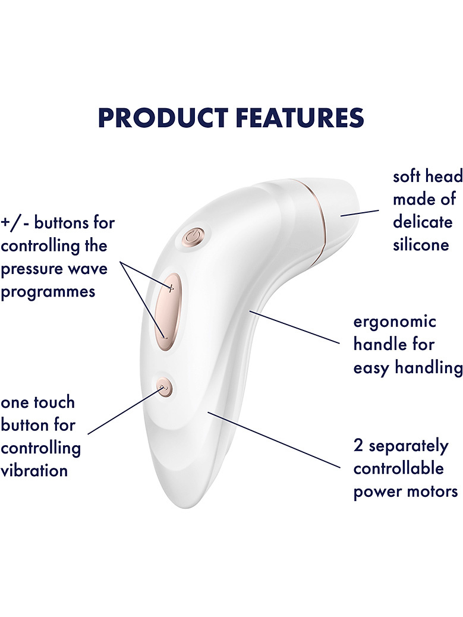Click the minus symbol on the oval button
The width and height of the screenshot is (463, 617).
coord(165,337)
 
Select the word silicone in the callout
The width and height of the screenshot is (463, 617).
coord(421,245)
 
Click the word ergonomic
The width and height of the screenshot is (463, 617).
coord(395,322)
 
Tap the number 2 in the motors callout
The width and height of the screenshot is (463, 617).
coord(358,445)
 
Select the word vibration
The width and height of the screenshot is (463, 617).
coord(34,470)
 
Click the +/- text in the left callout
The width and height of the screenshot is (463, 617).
coord(15,223)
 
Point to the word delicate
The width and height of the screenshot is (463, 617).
coord(423,222)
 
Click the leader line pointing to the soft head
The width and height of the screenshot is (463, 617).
coord(360,213)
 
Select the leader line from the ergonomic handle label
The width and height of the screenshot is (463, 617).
coord(294,328)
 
